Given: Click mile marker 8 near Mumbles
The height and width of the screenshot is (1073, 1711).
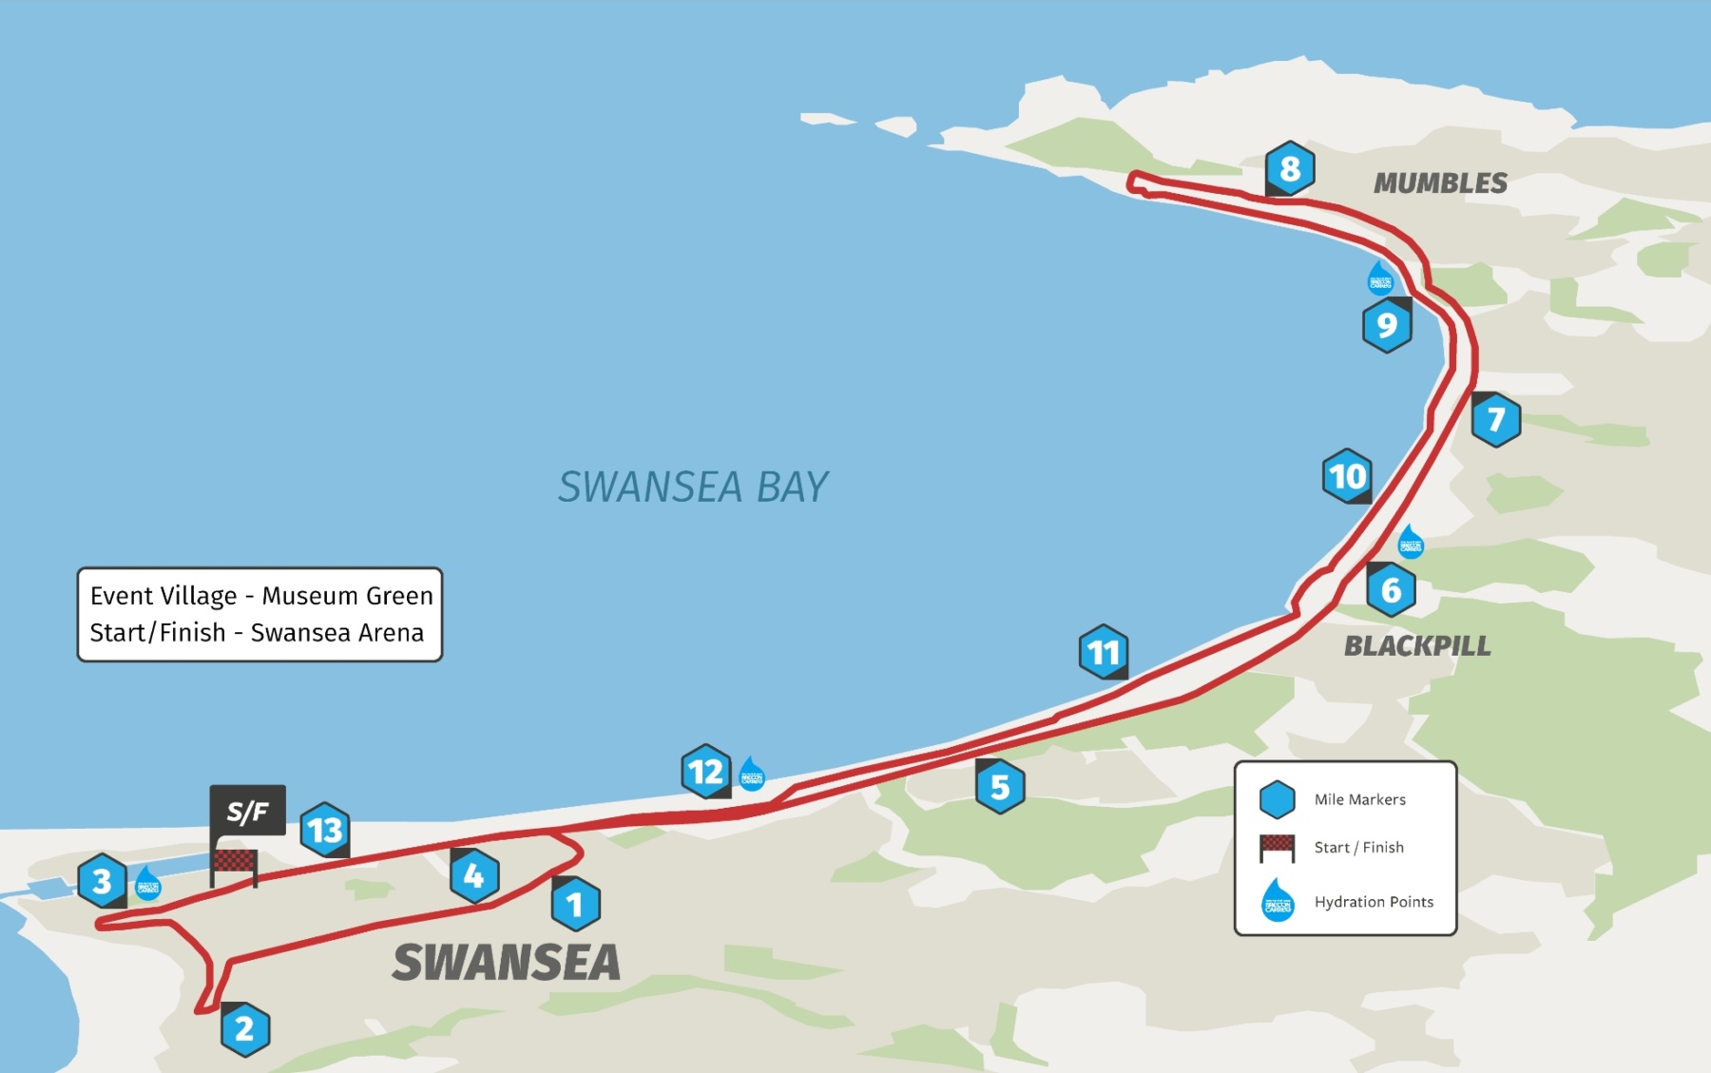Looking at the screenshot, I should click(1290, 169).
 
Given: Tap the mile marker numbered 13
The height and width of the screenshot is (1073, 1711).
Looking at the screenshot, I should click(325, 830).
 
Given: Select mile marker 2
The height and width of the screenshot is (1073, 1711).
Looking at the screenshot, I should click(244, 1029).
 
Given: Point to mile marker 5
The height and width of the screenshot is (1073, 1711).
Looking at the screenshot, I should click(1000, 787).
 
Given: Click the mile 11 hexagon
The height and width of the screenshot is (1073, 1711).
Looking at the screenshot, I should click(1104, 652).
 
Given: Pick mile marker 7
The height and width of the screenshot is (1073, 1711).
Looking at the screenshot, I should click(1496, 419).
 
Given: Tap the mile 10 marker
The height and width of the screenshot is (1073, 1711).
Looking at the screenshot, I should click(1347, 476).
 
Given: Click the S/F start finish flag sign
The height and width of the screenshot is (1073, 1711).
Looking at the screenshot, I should click(247, 811).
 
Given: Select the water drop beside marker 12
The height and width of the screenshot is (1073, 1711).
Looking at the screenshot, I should click(752, 774).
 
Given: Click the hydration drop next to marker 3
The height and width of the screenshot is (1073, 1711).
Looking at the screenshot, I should click(147, 884).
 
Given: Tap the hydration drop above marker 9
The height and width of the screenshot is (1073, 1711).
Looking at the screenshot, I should click(1379, 278).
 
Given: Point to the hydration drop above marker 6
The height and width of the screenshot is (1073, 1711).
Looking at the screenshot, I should click(1411, 542).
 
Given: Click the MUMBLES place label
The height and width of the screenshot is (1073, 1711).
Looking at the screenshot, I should click(1440, 183).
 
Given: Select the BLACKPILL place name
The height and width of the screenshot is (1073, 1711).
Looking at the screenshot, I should click(1417, 646).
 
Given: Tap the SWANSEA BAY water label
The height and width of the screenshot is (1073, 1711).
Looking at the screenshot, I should click(693, 487).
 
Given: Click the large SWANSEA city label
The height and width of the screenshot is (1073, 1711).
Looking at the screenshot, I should click(507, 963).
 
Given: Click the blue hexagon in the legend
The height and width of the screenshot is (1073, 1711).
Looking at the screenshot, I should click(1277, 799).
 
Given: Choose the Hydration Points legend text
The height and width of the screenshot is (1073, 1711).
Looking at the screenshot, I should click(1374, 902).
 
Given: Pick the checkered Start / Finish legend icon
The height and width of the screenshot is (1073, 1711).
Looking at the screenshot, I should click(1277, 846).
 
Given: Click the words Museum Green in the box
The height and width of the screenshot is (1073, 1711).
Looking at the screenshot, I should click(347, 596).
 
